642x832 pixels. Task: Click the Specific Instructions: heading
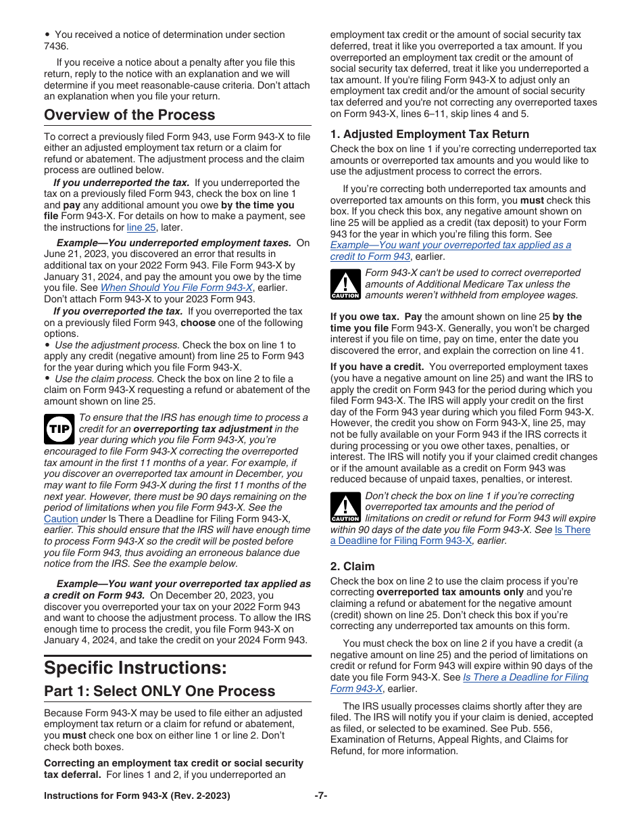[135, 668]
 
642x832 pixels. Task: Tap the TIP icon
[59, 429]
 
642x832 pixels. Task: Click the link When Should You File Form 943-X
[176, 287]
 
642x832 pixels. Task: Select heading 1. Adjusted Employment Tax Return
[429, 134]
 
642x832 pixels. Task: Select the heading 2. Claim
[352, 566]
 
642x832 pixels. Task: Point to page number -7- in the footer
[321, 795]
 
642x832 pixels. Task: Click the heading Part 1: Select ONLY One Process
[159, 691]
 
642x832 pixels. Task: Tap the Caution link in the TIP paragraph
[61, 519]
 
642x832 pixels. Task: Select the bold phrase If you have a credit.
[377, 367]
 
